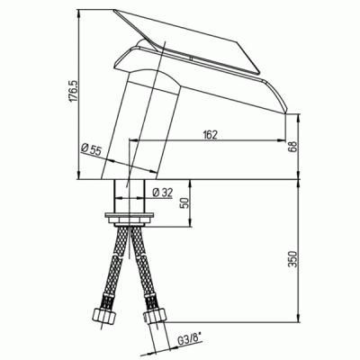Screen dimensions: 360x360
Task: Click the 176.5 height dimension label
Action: [x=75, y=91]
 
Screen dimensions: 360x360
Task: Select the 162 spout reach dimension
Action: [x=210, y=135]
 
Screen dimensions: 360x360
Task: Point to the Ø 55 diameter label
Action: [x=91, y=149]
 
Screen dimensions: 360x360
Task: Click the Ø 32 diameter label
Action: [x=163, y=193]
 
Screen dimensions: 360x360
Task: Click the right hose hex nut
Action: [x=155, y=317]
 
